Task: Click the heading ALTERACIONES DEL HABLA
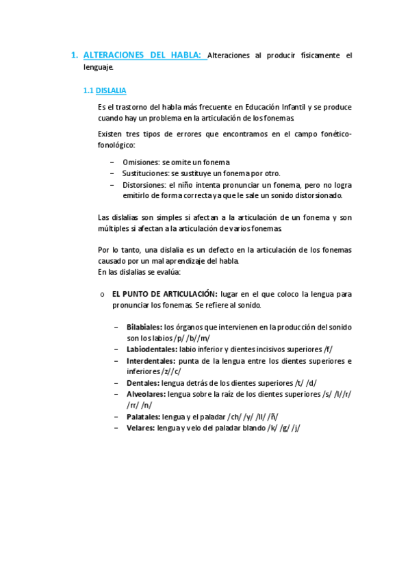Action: coord(144,55)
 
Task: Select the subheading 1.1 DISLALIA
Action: coord(104,90)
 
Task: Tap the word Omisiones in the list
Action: coord(142,162)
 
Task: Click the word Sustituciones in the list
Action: coord(146,173)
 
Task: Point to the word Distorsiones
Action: coord(144,184)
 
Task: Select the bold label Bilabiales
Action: coord(144,327)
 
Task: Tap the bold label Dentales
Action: coord(142,382)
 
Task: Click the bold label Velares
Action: coord(140,428)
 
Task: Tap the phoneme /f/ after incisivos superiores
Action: coord(328,349)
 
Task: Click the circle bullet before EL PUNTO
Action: coord(101,294)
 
